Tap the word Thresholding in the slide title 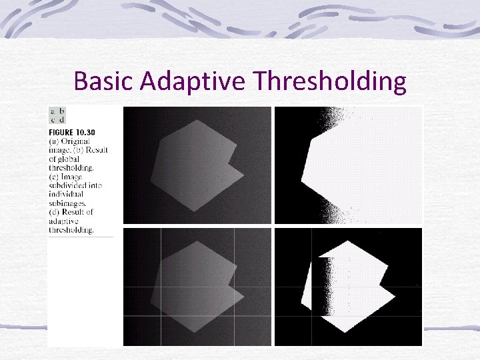(329, 81)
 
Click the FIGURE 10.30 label (72, 132)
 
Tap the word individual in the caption (66, 194)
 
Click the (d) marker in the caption (54, 212)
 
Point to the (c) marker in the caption (54, 177)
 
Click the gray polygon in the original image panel (193, 167)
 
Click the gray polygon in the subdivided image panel (193, 287)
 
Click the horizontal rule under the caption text (80, 236)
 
